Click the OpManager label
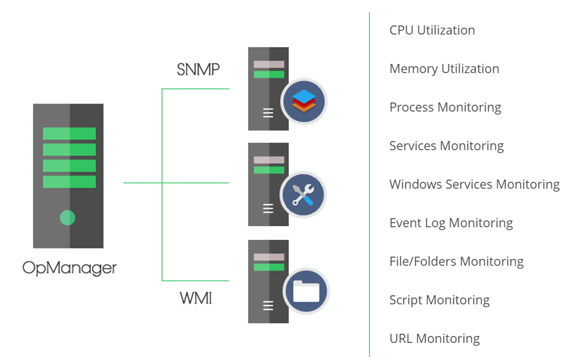click(x=70, y=267)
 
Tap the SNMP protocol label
click(x=198, y=69)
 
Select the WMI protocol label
click(x=196, y=298)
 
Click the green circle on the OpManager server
click(x=67, y=218)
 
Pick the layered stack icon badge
click(x=303, y=101)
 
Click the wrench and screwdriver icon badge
click(x=303, y=195)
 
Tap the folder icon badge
click(x=306, y=291)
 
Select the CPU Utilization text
click(x=432, y=30)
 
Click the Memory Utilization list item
click(x=444, y=68)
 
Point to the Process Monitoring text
click(x=445, y=107)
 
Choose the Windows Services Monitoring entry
click(x=474, y=184)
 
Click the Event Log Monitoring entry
click(x=451, y=223)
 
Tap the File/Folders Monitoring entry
click(x=456, y=261)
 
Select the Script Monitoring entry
click(x=439, y=300)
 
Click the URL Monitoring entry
click(x=434, y=338)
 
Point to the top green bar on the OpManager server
click(x=69, y=133)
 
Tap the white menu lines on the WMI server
click(x=268, y=305)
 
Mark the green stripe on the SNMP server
click(x=269, y=75)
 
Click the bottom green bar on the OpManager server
click(x=69, y=182)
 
